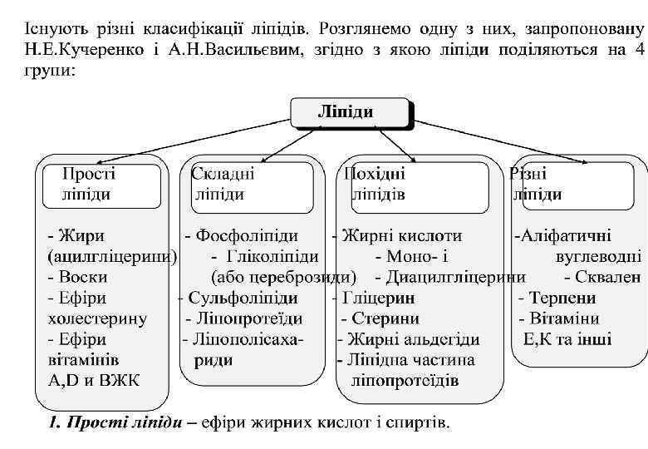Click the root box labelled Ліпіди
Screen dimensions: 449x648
pos(350,112)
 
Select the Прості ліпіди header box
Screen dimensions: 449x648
pos(89,185)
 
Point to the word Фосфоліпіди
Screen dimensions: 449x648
pos(247,235)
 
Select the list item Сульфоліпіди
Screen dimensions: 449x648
pos(243,298)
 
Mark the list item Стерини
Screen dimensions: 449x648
pos(384,318)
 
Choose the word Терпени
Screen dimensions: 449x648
pos(563,298)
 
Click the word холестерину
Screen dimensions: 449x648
pos(97,318)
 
